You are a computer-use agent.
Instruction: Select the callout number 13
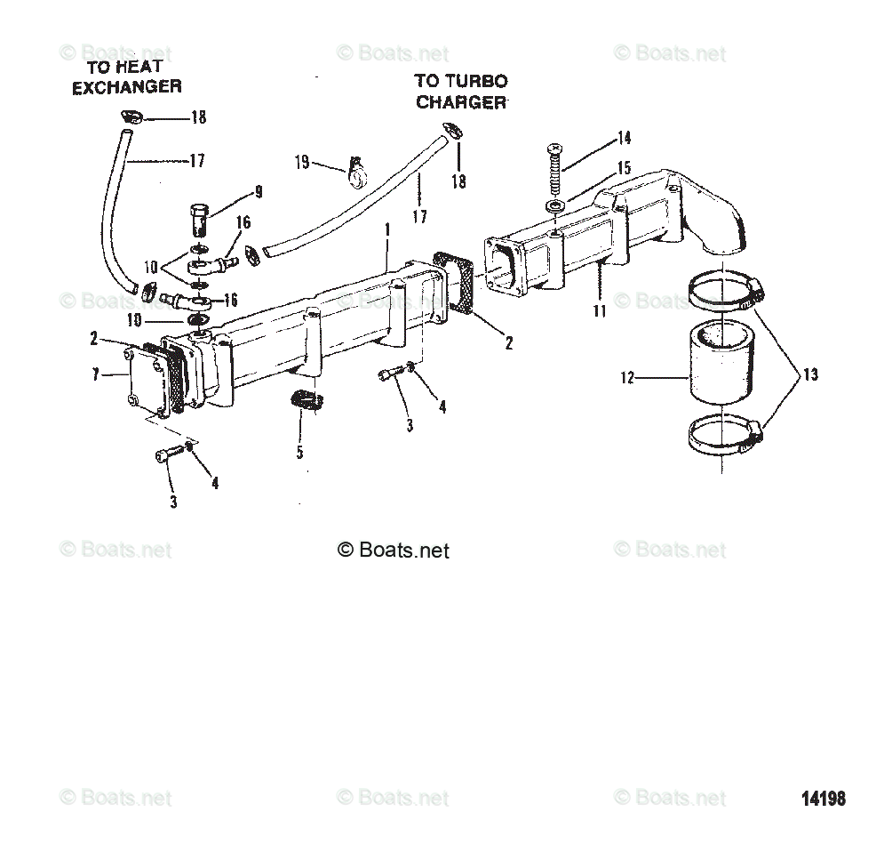[x=810, y=374]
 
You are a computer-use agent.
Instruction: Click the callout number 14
[x=624, y=138]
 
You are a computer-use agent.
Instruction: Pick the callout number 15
[x=624, y=166]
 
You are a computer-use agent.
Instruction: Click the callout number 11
[x=600, y=310]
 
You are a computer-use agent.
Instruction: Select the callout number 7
[x=96, y=375]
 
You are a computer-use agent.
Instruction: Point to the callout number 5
[x=299, y=453]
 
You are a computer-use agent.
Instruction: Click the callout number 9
[x=259, y=190]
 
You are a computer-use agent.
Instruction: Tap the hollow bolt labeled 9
[x=199, y=217]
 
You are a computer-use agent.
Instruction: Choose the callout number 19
[x=303, y=162]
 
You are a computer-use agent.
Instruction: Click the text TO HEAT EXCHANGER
[x=126, y=76]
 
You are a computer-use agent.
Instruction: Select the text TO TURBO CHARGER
[x=461, y=92]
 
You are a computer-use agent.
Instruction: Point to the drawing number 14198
[x=824, y=799]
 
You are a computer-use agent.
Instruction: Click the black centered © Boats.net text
[x=394, y=551]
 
